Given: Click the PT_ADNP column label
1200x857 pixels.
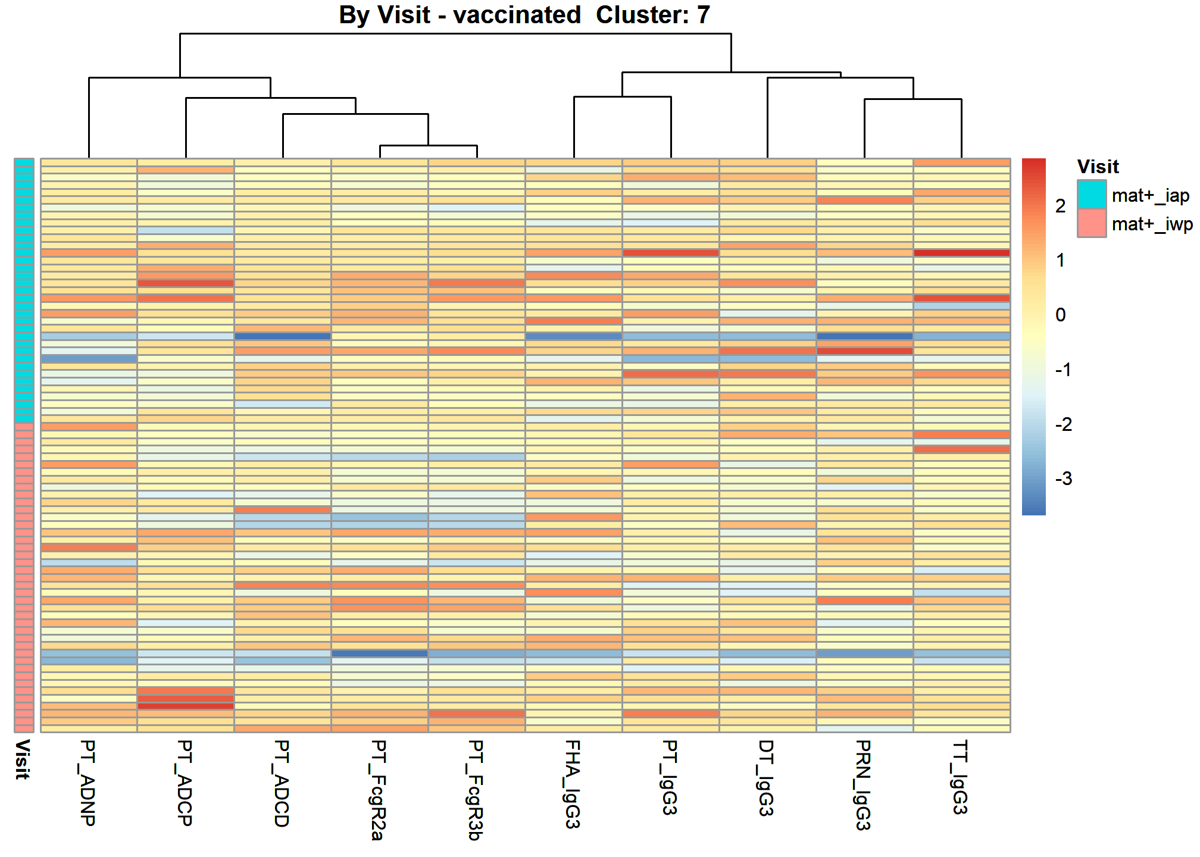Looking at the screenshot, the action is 88,783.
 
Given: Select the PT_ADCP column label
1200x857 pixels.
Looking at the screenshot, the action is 185,783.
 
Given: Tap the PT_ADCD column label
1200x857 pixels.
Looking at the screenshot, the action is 282,783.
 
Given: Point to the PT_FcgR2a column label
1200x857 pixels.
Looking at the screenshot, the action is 379,790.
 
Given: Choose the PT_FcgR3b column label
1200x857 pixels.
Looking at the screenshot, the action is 476,790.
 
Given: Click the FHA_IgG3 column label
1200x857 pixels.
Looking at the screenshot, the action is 573,784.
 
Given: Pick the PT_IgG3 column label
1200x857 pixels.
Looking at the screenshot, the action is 670,777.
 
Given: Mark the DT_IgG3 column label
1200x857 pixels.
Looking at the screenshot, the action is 767,778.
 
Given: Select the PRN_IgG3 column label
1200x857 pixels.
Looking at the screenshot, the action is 864,785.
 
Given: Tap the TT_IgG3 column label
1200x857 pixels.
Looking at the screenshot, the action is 961,777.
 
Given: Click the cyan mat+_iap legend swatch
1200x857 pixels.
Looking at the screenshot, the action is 1092,195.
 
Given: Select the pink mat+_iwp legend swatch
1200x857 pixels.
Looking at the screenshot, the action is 1092,223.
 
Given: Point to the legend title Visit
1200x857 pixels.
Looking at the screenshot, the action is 1098,167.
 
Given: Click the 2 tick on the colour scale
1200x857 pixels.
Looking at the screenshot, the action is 1061,206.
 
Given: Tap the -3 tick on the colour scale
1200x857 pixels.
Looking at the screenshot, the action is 1064,478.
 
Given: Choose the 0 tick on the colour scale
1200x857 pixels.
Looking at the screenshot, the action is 1061,315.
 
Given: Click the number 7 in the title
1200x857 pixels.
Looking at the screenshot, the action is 704,15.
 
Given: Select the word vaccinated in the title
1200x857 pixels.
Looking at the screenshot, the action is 517,15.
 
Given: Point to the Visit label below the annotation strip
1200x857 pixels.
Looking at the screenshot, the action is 23,759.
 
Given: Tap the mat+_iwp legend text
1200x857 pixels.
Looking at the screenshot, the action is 1152,224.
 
